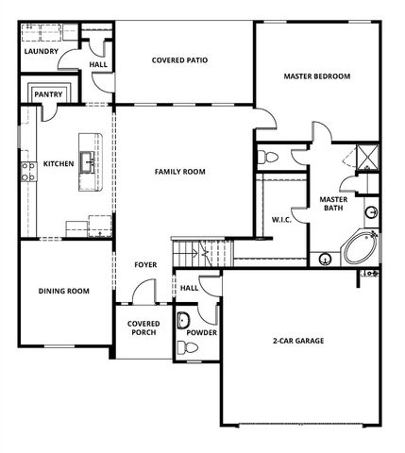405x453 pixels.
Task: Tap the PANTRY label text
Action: tap(47, 94)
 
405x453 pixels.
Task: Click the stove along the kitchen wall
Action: tap(25, 171)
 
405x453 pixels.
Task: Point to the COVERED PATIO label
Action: tap(179, 60)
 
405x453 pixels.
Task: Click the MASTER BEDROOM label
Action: tap(317, 75)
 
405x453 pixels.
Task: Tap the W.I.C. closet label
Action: tap(280, 220)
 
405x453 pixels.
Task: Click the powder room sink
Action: tap(183, 318)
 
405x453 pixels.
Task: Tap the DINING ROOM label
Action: tap(63, 292)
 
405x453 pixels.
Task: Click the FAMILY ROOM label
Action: tap(180, 171)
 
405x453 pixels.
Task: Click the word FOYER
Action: tap(144, 265)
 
